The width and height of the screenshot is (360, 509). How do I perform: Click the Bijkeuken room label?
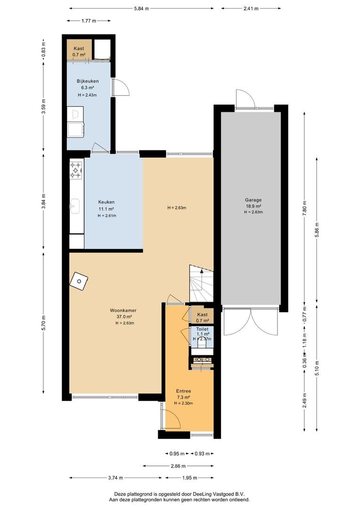point(88,81)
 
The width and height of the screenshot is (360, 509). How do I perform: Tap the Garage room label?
point(253,200)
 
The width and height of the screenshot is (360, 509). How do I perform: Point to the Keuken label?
point(106,202)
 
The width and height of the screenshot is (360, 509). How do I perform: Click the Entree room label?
point(183,391)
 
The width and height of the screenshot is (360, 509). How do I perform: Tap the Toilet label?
point(202,329)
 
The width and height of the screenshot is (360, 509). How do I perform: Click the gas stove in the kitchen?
point(76,170)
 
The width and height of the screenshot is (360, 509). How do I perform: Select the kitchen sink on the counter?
point(75,206)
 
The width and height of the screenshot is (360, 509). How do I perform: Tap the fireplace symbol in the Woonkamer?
point(79,281)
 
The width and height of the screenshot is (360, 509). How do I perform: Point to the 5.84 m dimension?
point(141,9)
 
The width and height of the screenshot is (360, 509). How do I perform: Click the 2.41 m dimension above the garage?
point(251,9)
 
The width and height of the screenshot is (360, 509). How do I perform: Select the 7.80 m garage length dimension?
point(304,208)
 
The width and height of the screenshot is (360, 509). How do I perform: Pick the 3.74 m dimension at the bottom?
point(115,478)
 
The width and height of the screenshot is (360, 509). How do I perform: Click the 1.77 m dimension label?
point(89,21)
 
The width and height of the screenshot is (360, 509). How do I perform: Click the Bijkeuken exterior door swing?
point(122,87)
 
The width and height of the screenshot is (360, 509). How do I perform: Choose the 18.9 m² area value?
point(254,206)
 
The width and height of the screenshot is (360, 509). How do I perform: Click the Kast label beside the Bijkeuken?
point(79,49)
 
